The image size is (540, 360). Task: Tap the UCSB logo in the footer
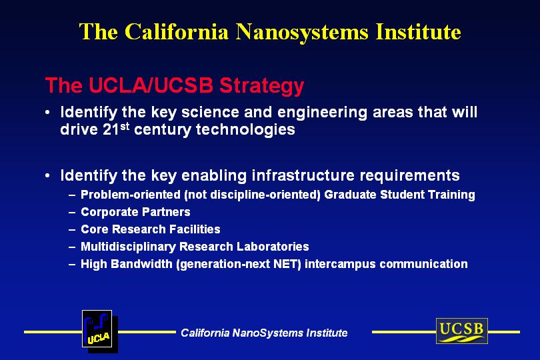(x=462, y=331)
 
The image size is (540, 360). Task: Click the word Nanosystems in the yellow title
(x=302, y=33)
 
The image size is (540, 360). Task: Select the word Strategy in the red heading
(x=262, y=85)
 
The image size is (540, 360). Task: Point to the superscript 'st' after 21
(x=125, y=126)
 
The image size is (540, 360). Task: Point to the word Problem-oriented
(x=131, y=195)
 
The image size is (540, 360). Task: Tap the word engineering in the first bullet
(x=323, y=113)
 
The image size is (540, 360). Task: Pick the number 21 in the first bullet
(x=111, y=130)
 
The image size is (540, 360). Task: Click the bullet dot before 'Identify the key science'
(x=47, y=113)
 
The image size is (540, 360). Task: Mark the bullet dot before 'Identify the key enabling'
(x=47, y=176)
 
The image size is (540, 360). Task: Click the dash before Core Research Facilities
(x=72, y=230)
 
